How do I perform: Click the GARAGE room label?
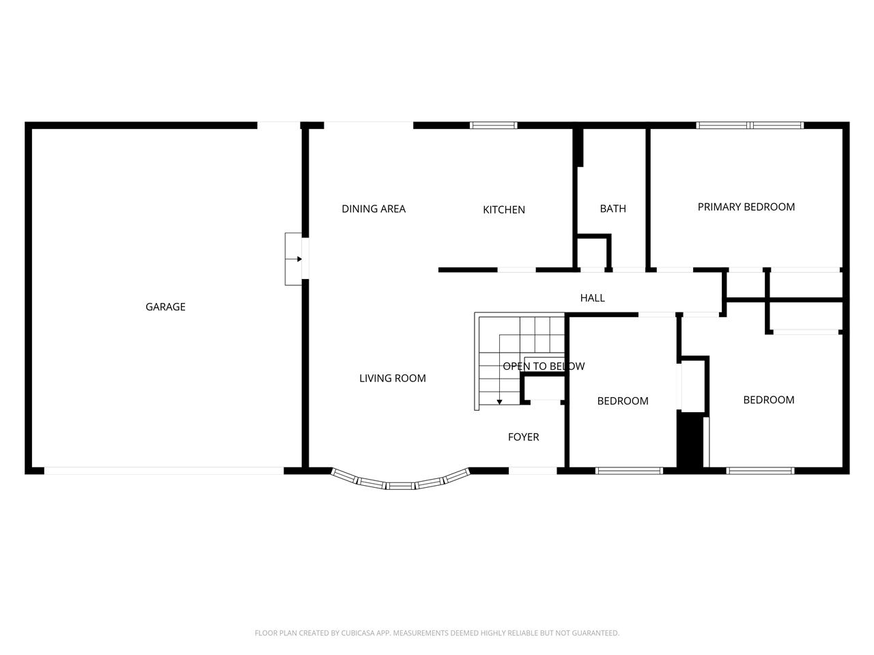(165, 307)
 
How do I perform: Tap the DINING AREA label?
(373, 209)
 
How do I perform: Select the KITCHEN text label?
(504, 209)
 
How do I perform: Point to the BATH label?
(612, 209)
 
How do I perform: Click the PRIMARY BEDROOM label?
(746, 207)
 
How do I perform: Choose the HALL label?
(592, 297)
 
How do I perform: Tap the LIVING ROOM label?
(392, 378)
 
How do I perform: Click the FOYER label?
(523, 437)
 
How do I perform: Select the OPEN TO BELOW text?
(544, 366)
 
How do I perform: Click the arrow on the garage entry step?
(298, 259)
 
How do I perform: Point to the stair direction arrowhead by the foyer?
(500, 401)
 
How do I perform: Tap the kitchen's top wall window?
(493, 126)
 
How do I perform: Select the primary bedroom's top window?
(750, 126)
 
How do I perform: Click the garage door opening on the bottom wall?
(164, 470)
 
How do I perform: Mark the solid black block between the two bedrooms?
(690, 440)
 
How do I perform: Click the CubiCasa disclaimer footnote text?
(437, 633)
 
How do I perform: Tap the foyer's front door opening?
(533, 470)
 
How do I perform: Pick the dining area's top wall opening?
(369, 126)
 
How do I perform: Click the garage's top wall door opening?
(279, 126)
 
